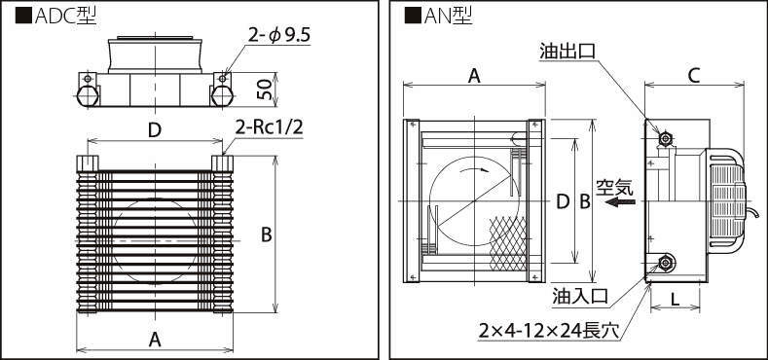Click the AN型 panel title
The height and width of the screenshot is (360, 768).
click(438, 17)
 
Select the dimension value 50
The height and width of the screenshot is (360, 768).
click(265, 90)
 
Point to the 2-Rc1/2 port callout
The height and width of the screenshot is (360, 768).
click(269, 128)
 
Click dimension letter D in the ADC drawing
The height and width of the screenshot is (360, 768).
click(155, 130)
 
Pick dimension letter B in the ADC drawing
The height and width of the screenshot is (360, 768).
click(266, 234)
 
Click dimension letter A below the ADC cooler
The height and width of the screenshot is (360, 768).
click(155, 339)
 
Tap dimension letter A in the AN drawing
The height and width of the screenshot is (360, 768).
click(474, 76)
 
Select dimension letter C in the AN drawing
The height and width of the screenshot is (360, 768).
click(694, 76)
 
